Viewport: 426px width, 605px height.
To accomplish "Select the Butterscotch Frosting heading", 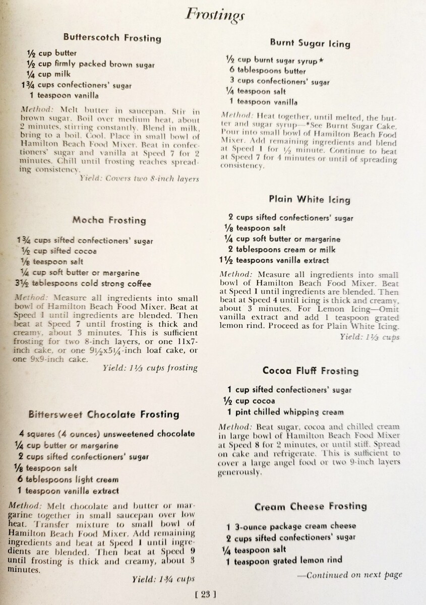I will tap(112, 38).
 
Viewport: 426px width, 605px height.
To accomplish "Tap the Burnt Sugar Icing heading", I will tap(310, 43).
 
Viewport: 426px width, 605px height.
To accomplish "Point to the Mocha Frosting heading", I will tap(109, 220).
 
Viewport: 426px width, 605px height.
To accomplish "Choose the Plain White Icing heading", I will tap(309, 199).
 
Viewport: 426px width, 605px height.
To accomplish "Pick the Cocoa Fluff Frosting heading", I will tap(311, 371).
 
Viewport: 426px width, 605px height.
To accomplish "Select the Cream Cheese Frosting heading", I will tap(311, 506).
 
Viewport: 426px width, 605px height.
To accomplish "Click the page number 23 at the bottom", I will tap(205, 594).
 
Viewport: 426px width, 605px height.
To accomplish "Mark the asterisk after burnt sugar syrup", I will tap(321, 60).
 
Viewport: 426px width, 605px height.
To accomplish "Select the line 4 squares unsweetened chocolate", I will tap(107, 434).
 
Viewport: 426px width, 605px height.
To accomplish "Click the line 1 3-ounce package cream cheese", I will tap(291, 526).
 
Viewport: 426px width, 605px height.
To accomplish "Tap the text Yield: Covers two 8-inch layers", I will tap(139, 178).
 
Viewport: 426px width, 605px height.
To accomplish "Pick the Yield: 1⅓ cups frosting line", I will tap(150, 368).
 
